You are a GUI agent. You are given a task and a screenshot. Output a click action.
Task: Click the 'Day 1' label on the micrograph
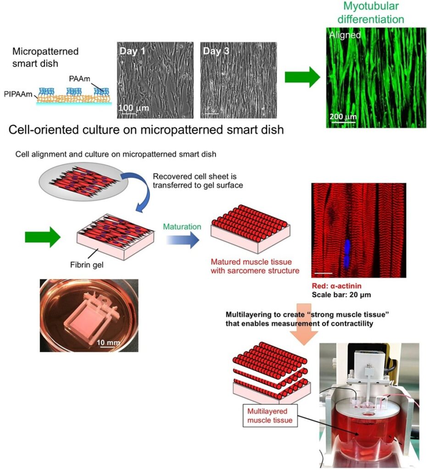(x=132, y=51)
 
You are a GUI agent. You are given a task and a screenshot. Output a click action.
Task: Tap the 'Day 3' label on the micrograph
(x=216, y=51)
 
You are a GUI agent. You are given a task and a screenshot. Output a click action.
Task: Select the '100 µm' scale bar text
(x=133, y=107)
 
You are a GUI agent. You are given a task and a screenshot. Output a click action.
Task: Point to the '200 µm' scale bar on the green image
(x=343, y=117)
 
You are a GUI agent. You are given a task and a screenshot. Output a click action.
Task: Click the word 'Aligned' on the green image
(x=345, y=35)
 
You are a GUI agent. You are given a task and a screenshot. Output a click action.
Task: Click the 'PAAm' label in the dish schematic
(x=79, y=79)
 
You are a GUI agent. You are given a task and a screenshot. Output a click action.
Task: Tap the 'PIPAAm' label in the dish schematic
(x=18, y=94)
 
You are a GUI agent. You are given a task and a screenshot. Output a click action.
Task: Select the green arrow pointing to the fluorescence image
(x=302, y=77)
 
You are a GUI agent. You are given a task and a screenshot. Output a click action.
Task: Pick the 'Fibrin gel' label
(x=87, y=265)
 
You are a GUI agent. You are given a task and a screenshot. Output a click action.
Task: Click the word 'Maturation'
(x=182, y=227)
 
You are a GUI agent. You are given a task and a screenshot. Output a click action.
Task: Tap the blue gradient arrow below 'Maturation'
(x=183, y=240)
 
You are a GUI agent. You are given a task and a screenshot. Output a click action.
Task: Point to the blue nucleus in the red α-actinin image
(x=347, y=254)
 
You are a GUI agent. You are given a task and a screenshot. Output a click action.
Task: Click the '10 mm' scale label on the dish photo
(x=108, y=342)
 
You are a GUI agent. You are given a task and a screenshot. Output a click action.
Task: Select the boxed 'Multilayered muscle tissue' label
(x=270, y=416)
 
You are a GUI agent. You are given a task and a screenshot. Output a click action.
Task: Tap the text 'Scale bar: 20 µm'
(x=341, y=295)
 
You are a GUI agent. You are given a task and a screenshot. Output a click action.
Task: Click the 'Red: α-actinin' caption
(x=337, y=286)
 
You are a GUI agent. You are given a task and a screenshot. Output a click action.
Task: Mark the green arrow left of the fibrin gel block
(x=43, y=237)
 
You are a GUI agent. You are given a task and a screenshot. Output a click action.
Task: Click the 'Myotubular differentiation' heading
(x=371, y=12)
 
